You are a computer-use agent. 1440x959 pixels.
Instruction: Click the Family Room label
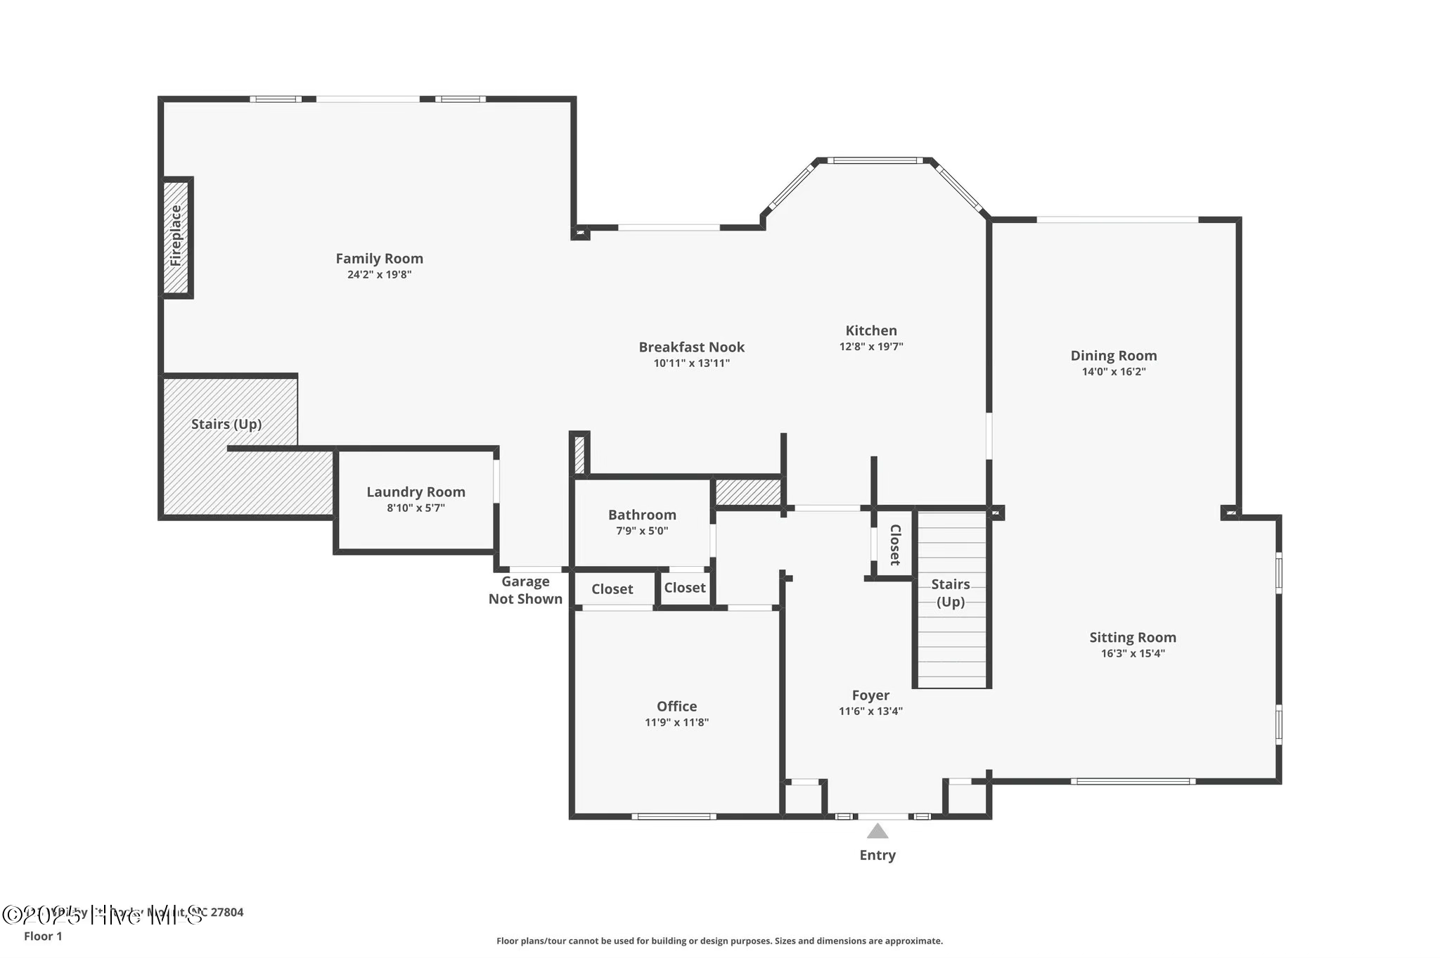point(379,259)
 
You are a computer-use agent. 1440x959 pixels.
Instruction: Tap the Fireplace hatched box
point(176,236)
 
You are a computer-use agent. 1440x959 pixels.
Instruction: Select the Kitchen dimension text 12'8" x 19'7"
point(870,347)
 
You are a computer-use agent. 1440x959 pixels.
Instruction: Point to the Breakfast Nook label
point(691,347)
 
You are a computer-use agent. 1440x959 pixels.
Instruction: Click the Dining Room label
point(1113,356)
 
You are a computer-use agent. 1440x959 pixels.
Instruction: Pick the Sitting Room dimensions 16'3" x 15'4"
point(1132,654)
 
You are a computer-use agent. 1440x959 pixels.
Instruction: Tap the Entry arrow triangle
point(877,832)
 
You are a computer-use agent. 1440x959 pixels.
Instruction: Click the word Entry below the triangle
point(877,855)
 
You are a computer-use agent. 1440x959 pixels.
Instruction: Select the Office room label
point(676,707)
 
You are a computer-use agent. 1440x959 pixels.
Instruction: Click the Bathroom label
point(642,515)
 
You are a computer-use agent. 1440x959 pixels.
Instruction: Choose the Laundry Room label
point(416,492)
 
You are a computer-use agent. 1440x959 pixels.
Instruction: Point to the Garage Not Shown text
point(525,591)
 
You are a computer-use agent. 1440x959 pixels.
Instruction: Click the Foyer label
point(870,695)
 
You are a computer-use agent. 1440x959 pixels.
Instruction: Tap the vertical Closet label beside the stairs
point(894,545)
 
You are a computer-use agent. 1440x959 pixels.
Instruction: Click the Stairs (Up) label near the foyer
point(950,593)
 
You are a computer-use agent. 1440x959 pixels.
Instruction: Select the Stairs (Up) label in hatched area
point(226,424)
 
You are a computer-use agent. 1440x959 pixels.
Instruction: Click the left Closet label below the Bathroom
point(612,589)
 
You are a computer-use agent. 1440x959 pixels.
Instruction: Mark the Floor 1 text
point(43,937)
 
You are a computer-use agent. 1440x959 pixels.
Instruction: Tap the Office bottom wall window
point(674,816)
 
